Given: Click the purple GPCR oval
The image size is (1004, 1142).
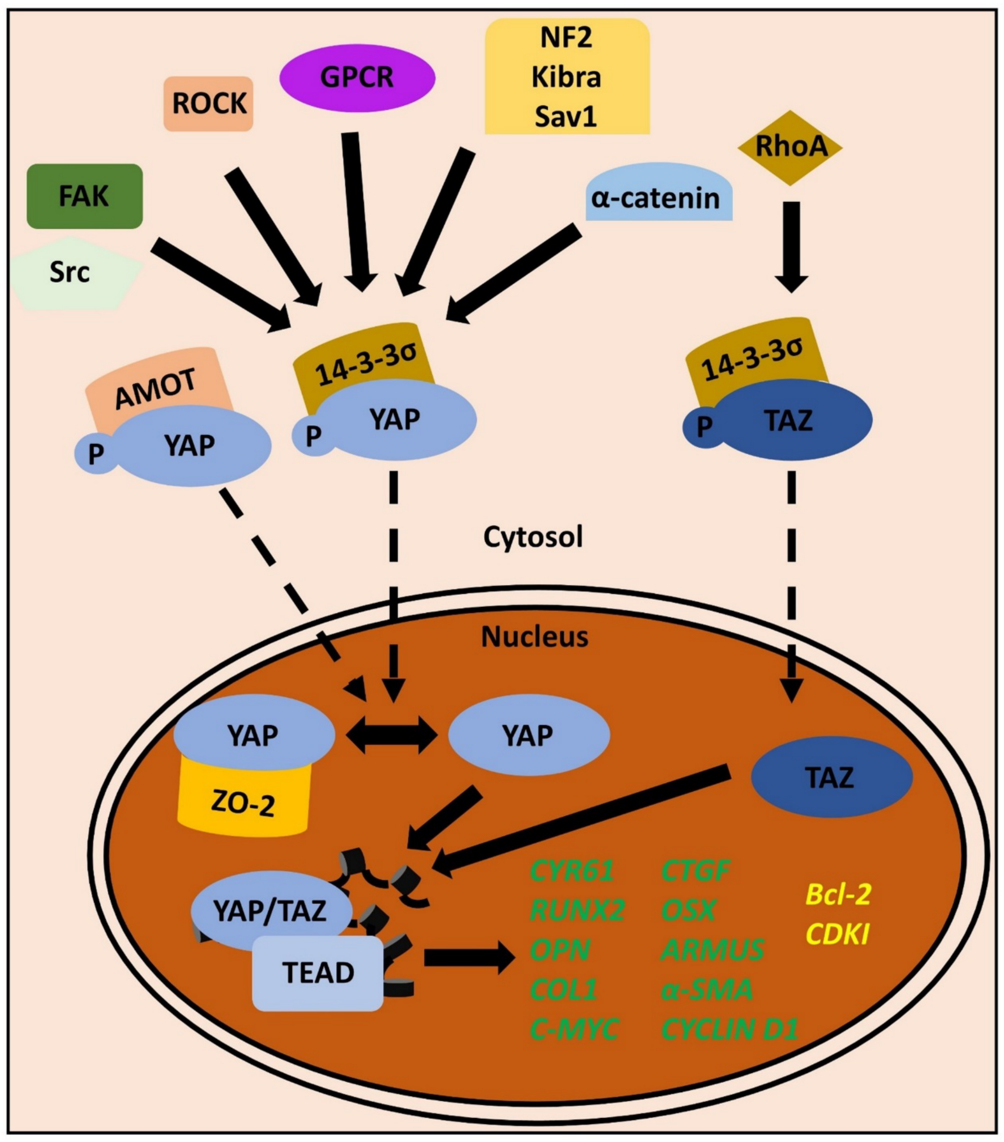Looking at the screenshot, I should [357, 78].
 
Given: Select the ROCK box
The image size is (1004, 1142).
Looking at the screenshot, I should [208, 104].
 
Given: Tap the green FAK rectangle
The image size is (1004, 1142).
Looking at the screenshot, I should [85, 196].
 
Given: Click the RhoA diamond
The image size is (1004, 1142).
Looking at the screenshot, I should [789, 147].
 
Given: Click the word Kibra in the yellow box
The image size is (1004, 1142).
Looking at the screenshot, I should [566, 77].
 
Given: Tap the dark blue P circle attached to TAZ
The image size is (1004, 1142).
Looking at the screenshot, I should [704, 426].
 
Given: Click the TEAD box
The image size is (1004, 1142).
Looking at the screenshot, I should [318, 972].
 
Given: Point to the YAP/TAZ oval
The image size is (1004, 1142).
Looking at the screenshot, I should [270, 911].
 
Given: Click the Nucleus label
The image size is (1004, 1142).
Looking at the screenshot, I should [534, 637].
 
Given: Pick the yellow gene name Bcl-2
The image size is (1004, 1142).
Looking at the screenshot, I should [837, 894].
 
